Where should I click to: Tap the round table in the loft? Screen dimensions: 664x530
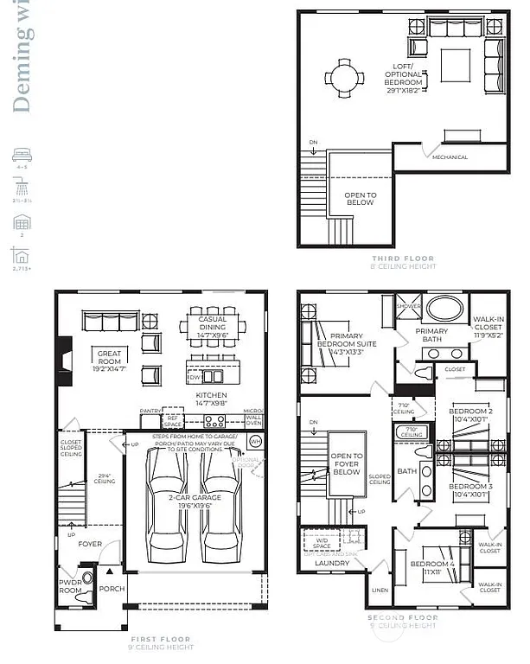344,79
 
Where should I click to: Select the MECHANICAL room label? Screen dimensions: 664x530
450,157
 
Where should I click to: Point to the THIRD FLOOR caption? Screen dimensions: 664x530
403,259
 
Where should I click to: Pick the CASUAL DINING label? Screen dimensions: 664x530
213,324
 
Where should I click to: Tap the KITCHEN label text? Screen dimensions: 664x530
211,398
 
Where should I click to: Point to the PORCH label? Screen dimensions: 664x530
112,589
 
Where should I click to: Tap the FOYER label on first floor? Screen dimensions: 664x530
90,544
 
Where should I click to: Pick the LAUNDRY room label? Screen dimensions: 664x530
332,563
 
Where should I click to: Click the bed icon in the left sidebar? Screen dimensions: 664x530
21,156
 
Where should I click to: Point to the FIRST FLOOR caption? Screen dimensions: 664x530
161,640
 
